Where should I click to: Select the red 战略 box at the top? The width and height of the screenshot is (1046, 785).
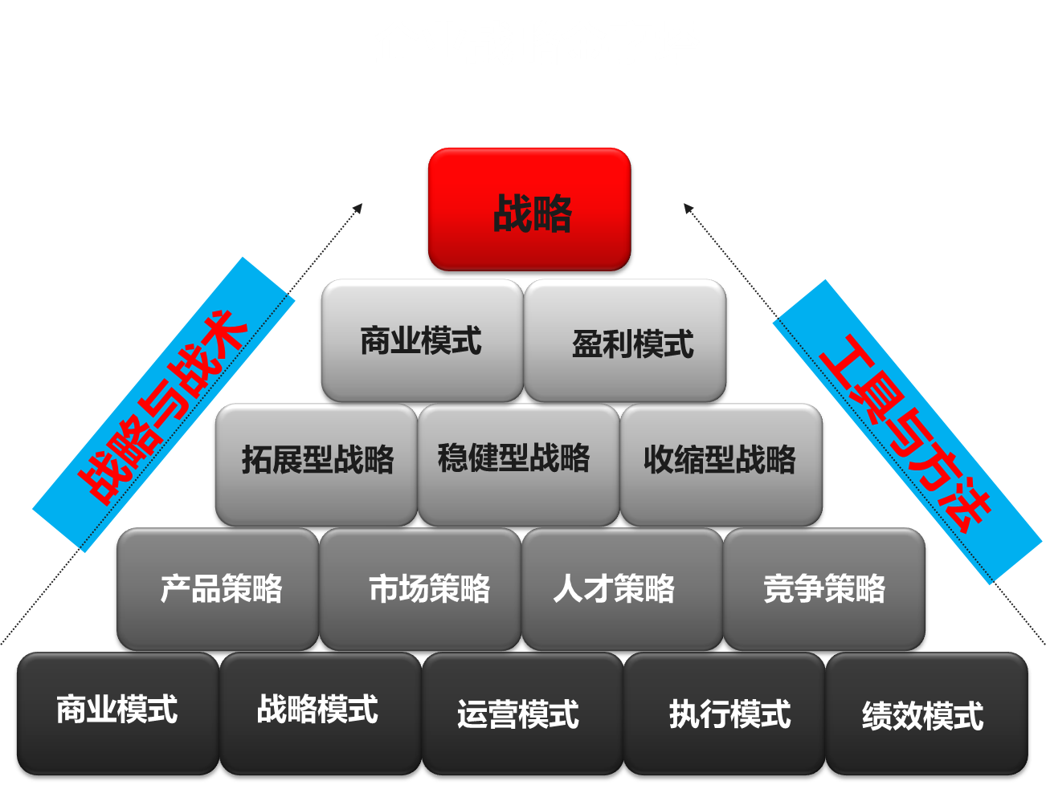(x=530, y=212)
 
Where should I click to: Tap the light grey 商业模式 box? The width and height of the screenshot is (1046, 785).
(x=421, y=340)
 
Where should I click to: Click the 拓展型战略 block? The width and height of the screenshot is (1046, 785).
(x=316, y=464)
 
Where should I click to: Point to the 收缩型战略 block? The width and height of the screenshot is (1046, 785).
(x=721, y=464)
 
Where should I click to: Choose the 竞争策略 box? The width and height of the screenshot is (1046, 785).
(x=825, y=588)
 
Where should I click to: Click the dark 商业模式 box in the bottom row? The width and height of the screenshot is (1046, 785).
(x=116, y=713)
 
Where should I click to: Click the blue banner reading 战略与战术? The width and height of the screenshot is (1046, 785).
(x=163, y=405)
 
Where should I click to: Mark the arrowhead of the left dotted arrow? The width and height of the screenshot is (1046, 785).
(x=358, y=208)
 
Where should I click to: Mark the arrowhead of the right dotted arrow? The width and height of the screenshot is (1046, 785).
(x=688, y=208)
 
